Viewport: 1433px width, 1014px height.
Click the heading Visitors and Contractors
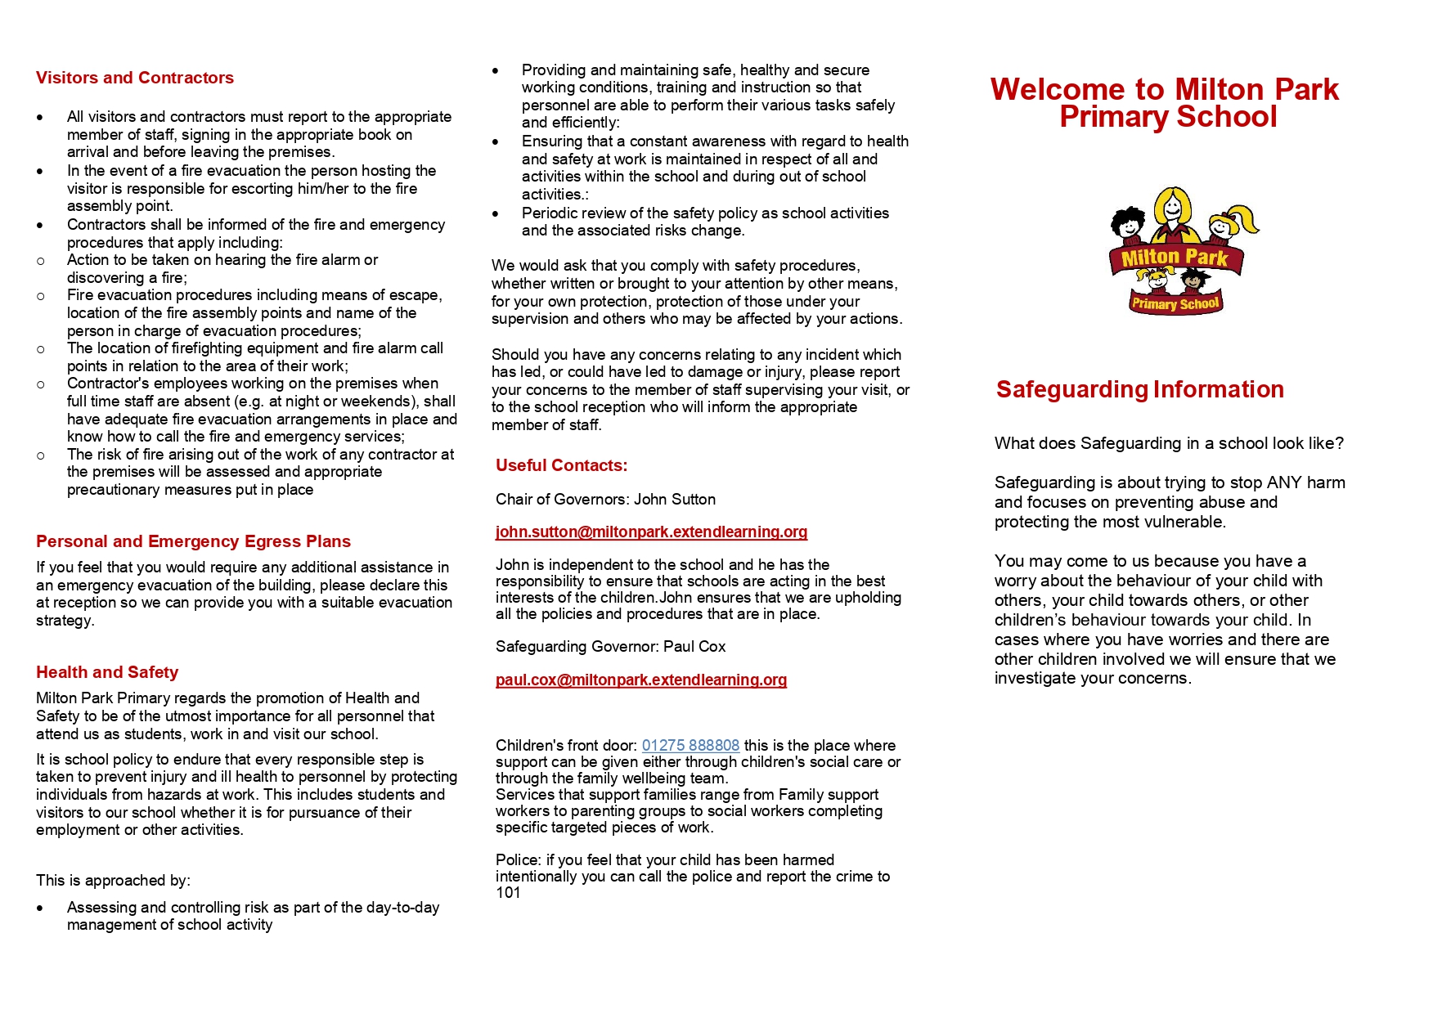[x=135, y=78]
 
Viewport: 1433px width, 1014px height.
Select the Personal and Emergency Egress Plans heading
[x=193, y=541]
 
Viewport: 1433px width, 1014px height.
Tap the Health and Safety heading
[x=107, y=672]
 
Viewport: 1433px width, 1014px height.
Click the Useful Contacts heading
[x=561, y=465]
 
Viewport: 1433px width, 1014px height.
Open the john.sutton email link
[x=651, y=532]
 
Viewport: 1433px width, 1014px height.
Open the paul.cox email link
[x=641, y=680]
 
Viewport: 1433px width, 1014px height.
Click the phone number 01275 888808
[x=690, y=745]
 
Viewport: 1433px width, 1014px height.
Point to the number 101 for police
[x=508, y=893]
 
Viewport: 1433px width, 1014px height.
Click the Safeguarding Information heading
[x=1139, y=389]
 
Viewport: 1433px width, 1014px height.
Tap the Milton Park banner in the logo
[x=1175, y=258]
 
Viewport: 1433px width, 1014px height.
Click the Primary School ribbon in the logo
[x=1175, y=303]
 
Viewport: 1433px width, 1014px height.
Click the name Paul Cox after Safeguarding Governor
[x=694, y=647]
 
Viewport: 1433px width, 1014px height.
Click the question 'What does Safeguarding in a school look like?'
[x=1169, y=443]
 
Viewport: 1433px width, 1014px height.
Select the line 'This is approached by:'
[x=113, y=881]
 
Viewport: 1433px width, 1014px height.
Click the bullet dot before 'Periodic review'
[x=496, y=213]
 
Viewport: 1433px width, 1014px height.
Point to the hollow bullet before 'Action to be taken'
[x=41, y=261]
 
